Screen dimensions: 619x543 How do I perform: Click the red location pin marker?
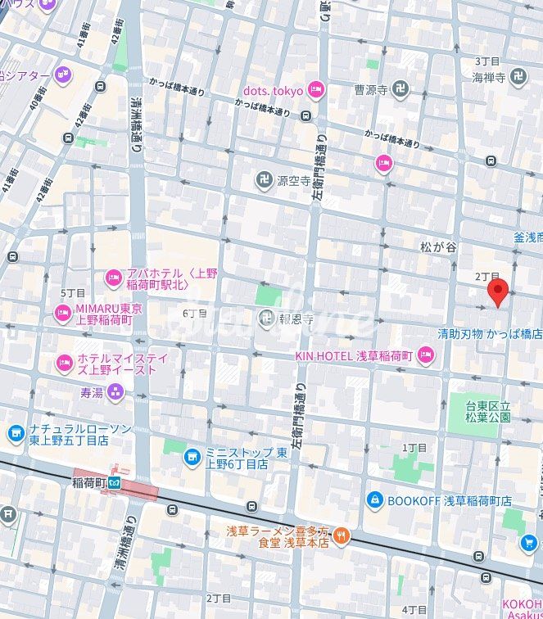497,291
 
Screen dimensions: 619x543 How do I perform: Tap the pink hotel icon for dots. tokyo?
314,91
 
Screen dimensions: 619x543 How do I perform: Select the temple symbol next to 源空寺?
264,179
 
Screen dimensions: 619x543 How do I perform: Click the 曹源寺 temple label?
370,90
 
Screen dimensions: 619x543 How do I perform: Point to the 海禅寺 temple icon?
518,77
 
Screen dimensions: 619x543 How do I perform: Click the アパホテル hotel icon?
113,279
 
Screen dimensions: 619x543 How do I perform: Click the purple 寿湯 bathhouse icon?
115,392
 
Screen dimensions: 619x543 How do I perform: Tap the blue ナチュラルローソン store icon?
16,433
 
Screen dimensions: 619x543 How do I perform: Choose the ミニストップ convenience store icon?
192,456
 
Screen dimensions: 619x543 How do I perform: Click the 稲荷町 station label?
89,481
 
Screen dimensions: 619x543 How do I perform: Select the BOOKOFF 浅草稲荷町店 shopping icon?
374,499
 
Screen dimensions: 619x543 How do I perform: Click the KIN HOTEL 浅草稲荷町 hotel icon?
424,355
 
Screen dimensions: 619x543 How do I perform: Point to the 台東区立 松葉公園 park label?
488,411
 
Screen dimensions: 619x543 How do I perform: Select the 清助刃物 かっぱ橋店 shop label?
489,334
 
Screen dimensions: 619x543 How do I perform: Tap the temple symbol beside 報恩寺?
265,319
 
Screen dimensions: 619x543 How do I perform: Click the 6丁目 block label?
194,314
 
